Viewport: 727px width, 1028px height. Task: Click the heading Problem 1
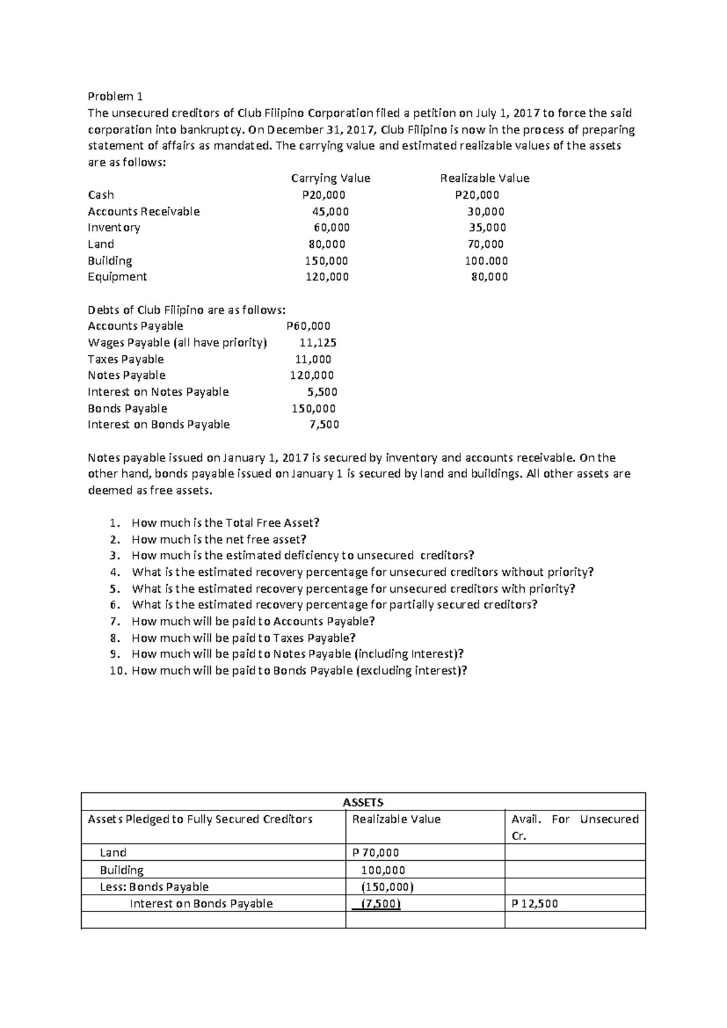click(x=115, y=96)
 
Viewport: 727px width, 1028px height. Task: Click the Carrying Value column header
click(x=330, y=178)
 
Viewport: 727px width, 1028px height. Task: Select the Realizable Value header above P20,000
click(x=484, y=178)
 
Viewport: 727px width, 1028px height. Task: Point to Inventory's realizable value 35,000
click(x=487, y=228)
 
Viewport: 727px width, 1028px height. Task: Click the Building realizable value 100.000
click(x=486, y=261)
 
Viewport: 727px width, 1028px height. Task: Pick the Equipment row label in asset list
click(x=117, y=277)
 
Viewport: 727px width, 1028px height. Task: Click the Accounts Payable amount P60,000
click(x=308, y=326)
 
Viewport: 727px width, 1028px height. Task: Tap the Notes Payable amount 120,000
click(x=311, y=376)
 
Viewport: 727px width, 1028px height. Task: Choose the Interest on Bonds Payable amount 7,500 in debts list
click(x=324, y=425)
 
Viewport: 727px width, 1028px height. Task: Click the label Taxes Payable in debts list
click(x=125, y=359)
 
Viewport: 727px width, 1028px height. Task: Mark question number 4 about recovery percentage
click(x=362, y=572)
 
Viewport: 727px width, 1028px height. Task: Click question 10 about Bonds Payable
click(x=299, y=671)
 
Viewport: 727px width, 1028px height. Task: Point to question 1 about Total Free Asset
click(x=225, y=523)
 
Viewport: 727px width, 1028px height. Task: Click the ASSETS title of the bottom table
click(x=363, y=803)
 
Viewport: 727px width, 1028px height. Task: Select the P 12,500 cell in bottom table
click(x=534, y=904)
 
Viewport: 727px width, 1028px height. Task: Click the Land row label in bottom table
click(x=113, y=853)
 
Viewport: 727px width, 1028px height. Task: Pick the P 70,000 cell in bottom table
click(x=375, y=853)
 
